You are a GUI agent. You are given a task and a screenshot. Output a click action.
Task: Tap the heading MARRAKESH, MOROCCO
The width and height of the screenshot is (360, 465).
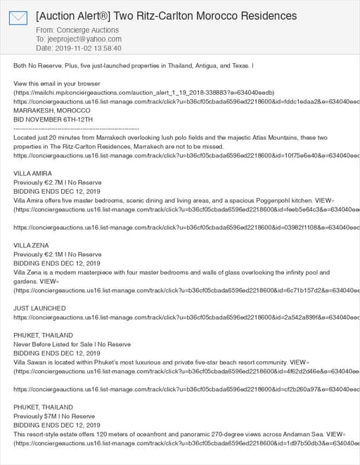coord(46,110)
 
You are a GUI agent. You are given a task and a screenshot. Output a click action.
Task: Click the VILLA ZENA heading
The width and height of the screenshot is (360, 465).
coord(32,245)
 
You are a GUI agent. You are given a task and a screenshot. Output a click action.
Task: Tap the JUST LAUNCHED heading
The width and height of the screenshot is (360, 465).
coord(39,308)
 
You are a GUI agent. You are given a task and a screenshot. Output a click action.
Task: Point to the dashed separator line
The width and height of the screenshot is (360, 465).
coord(76,129)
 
